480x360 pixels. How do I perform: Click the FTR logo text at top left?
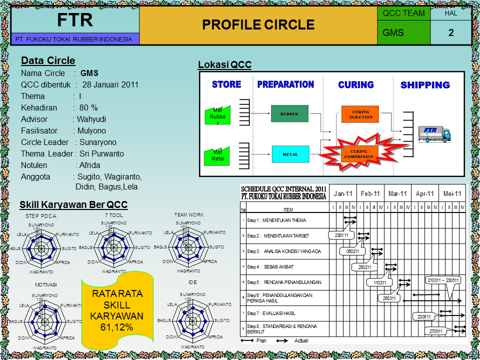(74, 20)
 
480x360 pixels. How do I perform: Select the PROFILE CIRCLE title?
(258, 25)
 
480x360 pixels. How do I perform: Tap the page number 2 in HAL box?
(451, 33)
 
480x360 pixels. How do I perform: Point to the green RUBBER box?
(289, 113)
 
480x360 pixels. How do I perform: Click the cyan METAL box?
(290, 154)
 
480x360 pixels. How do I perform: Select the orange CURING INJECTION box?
(360, 114)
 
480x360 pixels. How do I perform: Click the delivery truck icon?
(434, 133)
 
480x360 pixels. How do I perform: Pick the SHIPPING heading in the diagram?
(425, 85)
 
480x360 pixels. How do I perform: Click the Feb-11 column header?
(370, 193)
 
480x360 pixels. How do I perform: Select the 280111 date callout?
(341, 234)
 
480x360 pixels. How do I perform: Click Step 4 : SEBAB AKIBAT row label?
(273, 267)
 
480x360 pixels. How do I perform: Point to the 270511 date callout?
(435, 331)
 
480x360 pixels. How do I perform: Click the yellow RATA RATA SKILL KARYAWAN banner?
(117, 310)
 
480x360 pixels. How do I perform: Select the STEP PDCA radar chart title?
(41, 216)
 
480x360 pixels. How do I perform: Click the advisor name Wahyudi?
(91, 119)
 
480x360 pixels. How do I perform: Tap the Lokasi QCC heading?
(224, 65)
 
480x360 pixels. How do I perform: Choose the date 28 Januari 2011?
(110, 84)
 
